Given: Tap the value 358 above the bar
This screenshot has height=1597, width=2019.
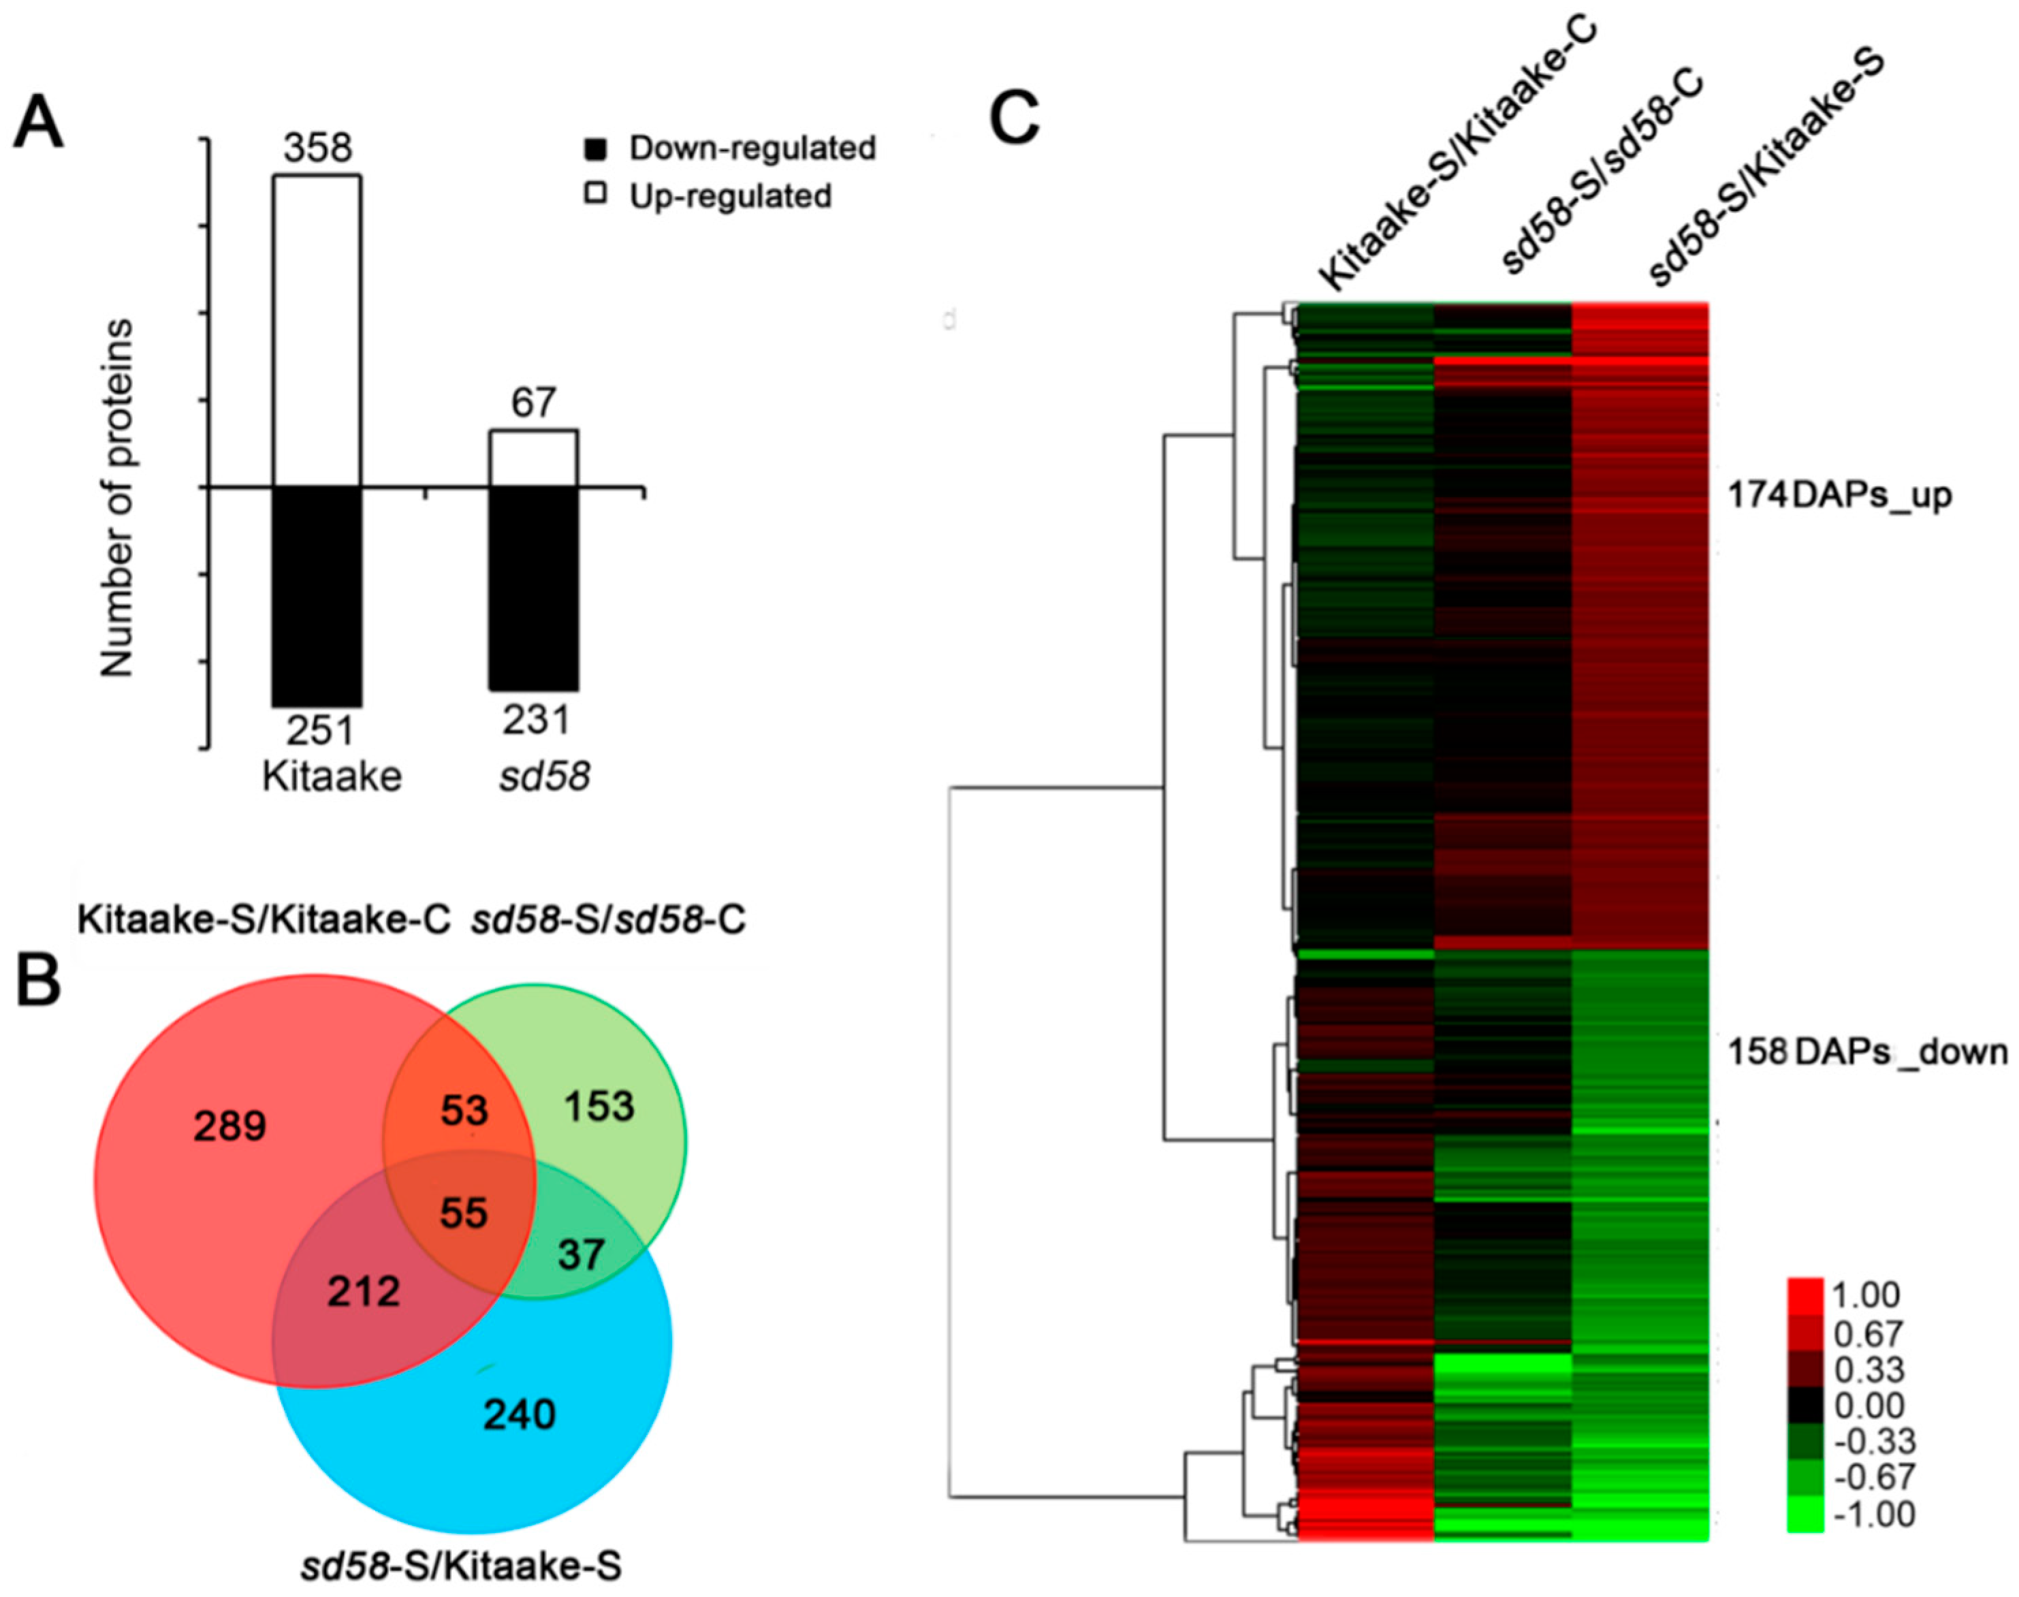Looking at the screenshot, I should pos(318,148).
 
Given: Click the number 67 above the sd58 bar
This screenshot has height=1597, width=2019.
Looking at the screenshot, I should pos(532,403).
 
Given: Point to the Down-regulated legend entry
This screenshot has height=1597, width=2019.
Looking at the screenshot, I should pos(730,148).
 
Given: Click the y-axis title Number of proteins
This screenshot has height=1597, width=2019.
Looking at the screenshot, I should pos(118,499).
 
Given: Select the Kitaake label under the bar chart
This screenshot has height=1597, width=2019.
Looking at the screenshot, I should pos(332,777).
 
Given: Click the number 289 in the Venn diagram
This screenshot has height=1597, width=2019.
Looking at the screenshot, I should pos(230,1126).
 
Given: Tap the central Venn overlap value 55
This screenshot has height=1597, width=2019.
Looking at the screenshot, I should pos(464,1214).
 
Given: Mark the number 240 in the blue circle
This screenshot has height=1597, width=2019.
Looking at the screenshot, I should pos(520,1414).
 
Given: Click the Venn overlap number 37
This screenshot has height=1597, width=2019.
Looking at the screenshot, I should pos(582,1254).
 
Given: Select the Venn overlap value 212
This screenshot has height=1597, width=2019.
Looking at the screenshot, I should pos(364,1292).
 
